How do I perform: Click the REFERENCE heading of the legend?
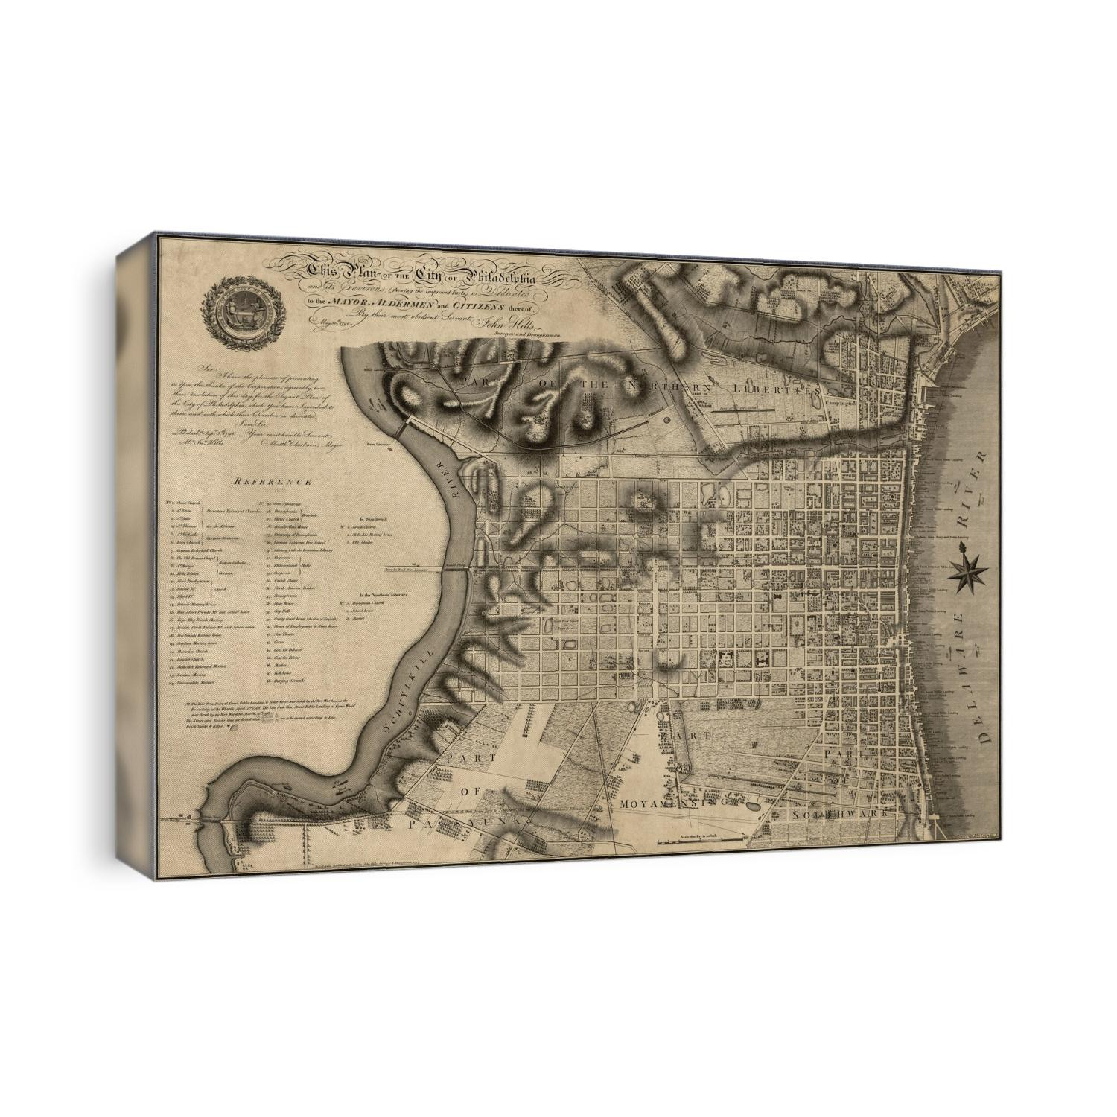point(273,482)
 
